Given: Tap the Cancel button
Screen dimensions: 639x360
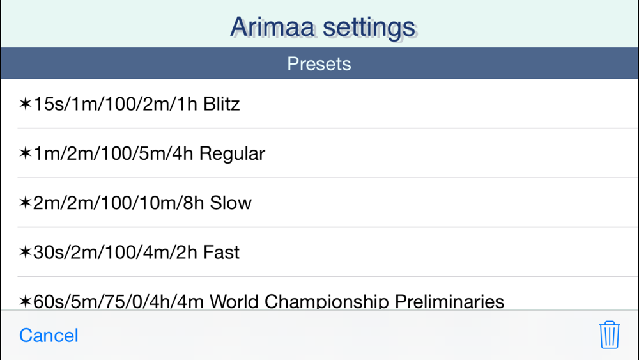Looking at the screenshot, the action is [49, 335].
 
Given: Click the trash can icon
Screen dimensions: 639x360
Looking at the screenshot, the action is [609, 334].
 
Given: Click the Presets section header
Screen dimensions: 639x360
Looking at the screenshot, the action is [319, 63].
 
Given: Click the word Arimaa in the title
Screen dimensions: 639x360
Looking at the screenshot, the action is [272, 27].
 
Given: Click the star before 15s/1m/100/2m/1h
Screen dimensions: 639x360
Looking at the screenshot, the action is [26, 103].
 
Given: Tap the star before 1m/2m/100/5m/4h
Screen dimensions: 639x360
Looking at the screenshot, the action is [26, 153].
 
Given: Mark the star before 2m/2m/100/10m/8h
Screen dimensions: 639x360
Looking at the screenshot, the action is [26, 202].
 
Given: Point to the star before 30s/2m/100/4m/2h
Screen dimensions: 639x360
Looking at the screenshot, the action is [26, 251].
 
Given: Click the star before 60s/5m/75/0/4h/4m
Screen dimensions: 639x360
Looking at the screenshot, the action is [26, 301].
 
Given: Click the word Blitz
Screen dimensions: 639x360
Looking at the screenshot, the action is [221, 104].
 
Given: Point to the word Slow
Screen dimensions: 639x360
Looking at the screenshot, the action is [231, 203].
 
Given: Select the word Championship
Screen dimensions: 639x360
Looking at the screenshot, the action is [327, 302].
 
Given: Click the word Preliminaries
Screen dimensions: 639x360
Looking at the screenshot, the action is [449, 302].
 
